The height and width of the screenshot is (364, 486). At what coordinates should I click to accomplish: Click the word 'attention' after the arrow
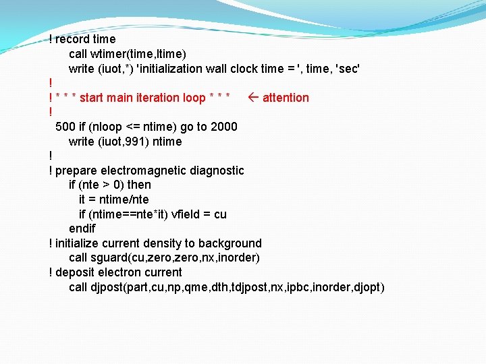pos(286,98)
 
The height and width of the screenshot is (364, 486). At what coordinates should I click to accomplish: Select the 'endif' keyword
pos(82,229)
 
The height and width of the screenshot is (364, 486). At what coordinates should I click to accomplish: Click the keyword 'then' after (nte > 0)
pos(139,185)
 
